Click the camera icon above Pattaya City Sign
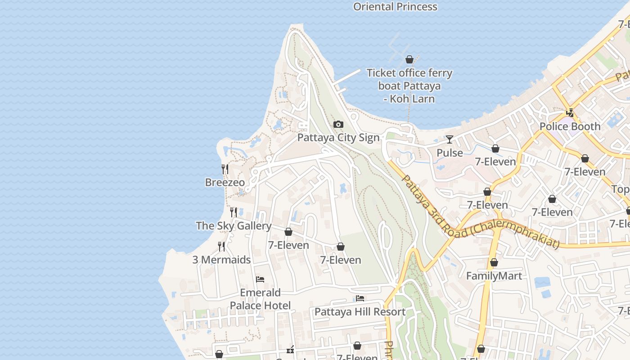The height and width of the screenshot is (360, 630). [338, 125]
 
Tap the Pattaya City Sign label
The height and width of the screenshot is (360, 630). [338, 138]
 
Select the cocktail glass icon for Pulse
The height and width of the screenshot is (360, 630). [449, 139]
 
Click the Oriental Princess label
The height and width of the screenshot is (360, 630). [395, 7]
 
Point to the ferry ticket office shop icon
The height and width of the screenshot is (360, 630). [409, 59]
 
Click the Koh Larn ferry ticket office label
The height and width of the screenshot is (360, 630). [409, 85]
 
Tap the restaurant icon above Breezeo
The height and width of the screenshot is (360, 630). [225, 169]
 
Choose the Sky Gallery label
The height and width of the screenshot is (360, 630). [234, 226]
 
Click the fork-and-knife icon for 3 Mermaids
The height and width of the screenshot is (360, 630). [221, 247]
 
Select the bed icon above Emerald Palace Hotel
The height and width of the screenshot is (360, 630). [260, 279]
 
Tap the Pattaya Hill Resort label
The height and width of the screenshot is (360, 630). [360, 312]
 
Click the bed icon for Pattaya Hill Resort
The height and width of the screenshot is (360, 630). [360, 298]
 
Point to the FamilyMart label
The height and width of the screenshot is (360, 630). [494, 276]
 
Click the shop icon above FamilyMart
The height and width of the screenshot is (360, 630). [494, 262]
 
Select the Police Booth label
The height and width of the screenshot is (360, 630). [570, 126]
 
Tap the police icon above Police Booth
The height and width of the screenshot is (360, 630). [570, 113]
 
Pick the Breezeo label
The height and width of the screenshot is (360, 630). [225, 182]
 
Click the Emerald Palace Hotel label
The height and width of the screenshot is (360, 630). [260, 299]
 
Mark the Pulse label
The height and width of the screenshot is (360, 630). [450, 153]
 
